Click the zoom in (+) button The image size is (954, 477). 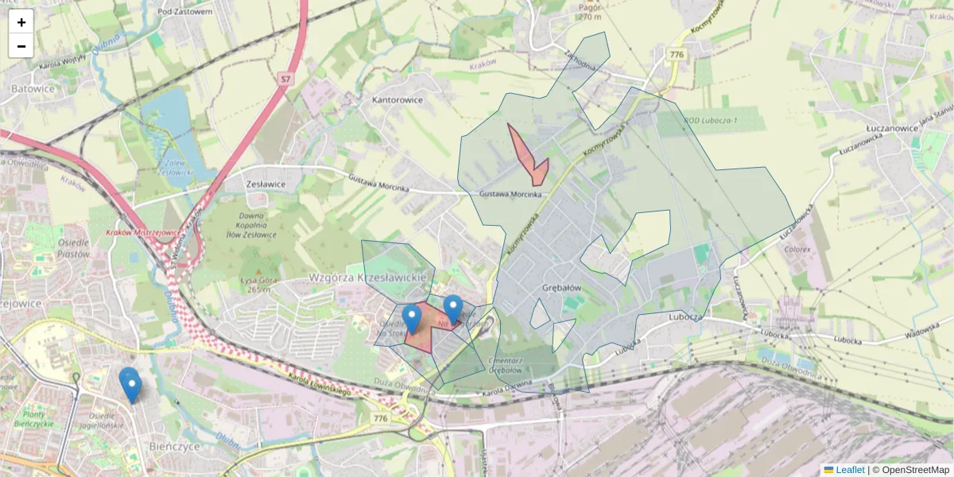click(21, 22)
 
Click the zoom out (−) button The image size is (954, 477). click(21, 46)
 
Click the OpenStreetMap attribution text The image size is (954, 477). click(915, 470)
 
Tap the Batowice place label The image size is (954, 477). click(33, 89)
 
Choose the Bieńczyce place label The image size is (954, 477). click(173, 447)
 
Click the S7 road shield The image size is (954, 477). click(285, 79)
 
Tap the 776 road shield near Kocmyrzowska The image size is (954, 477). click(677, 54)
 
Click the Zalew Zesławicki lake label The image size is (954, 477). click(176, 168)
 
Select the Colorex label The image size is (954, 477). click(797, 249)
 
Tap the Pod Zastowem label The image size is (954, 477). click(184, 11)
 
